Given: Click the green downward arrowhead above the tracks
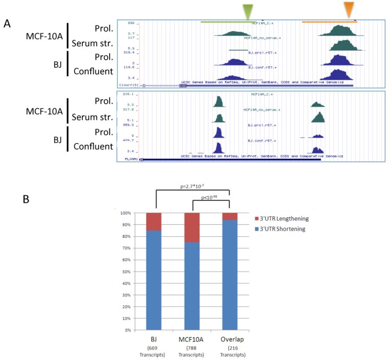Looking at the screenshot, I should pos(247,11).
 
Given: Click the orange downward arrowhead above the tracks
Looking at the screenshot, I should pos(349,9).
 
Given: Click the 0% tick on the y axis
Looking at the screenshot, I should pos(135,330).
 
